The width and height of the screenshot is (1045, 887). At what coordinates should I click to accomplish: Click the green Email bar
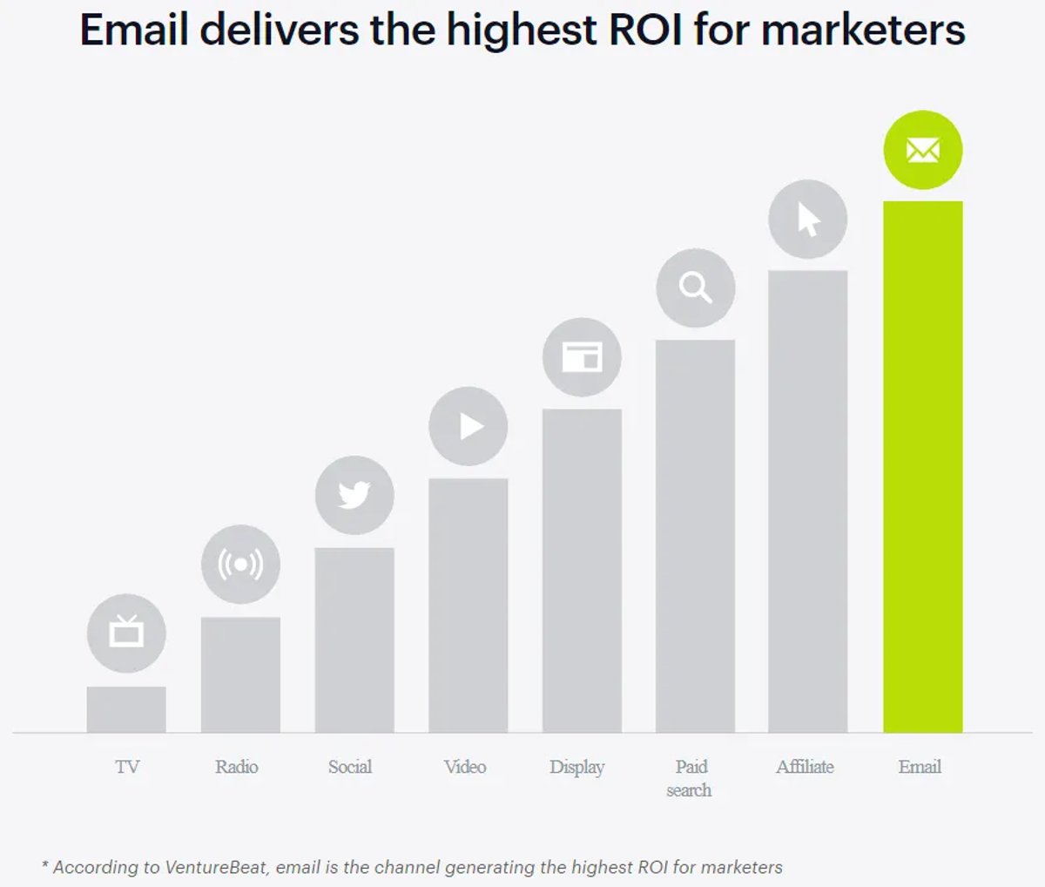923,466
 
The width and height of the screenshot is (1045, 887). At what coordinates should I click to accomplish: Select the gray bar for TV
126,709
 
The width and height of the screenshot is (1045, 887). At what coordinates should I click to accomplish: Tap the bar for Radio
240,674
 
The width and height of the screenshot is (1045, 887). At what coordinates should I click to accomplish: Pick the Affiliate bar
808,501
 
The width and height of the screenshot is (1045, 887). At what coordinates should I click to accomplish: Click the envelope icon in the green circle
923,150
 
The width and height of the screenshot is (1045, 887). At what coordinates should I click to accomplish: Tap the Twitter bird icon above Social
354,495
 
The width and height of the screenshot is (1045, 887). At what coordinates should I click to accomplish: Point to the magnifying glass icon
696,288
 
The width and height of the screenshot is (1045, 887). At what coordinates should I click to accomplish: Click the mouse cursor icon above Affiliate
808,220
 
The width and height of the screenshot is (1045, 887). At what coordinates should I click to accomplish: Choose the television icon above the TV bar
126,631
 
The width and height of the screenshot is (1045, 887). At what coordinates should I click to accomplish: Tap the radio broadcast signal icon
240,565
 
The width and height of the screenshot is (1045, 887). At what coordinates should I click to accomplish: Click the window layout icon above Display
583,356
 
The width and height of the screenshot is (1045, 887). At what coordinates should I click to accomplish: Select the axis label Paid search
689,778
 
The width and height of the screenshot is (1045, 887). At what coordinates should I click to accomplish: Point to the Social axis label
350,767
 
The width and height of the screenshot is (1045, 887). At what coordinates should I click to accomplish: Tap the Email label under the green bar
920,767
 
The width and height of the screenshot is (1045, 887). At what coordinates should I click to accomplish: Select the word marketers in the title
863,30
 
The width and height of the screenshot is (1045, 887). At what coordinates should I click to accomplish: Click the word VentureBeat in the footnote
216,867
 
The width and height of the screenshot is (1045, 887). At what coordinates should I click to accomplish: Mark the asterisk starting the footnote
45,863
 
